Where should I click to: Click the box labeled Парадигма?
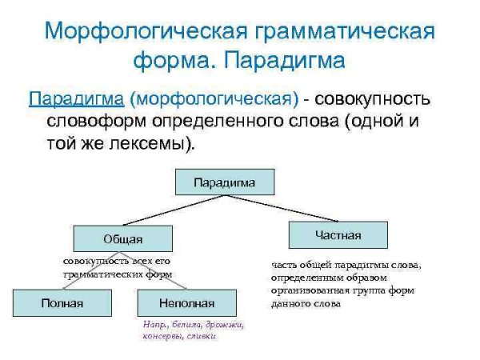[x=225, y=182]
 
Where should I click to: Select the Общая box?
[x=122, y=238]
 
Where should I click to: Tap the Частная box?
[x=337, y=235]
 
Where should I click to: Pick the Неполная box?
[x=187, y=303]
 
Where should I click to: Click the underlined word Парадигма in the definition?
[x=76, y=100]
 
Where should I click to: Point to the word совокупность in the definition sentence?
[x=374, y=100]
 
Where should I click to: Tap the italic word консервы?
[x=163, y=336]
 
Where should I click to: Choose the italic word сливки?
[x=202, y=336]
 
